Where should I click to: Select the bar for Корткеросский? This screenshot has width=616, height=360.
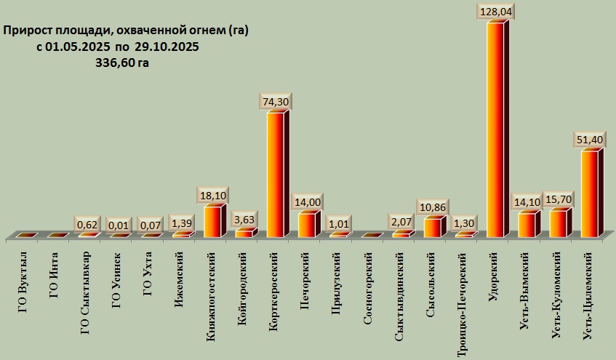pyautogui.click(x=276, y=175)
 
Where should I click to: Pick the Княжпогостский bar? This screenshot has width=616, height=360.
pyautogui.click(x=212, y=221)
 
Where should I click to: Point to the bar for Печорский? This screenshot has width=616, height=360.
pyautogui.click(x=307, y=225)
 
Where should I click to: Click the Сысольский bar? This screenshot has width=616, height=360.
pyautogui.click(x=432, y=227)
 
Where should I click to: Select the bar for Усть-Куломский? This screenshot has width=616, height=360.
pyautogui.click(x=559, y=223)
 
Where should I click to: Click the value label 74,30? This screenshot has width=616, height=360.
pyautogui.click(x=276, y=103)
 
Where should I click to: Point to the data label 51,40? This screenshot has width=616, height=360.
pyautogui.click(x=591, y=140)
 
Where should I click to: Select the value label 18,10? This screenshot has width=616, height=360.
pyautogui.click(x=214, y=196)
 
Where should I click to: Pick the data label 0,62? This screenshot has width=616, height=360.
pyautogui.click(x=87, y=224)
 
